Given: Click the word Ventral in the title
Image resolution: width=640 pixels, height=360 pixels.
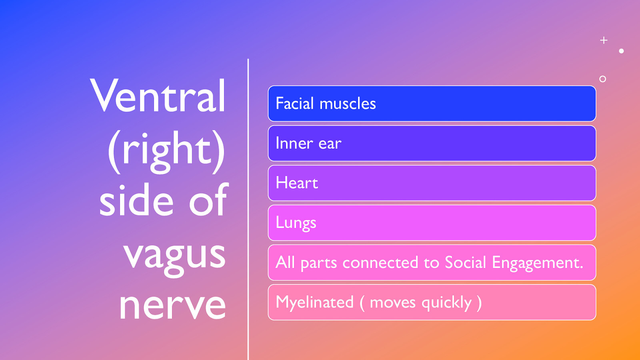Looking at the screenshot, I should tap(158, 96).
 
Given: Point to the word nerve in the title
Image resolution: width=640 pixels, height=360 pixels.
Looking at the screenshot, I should tap(172, 306).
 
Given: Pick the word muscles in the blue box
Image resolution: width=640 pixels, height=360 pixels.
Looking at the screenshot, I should tap(348, 104).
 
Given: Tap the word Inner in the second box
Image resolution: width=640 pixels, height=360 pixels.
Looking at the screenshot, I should tap(294, 143).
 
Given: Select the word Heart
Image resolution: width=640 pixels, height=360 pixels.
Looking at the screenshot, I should tap(297, 183).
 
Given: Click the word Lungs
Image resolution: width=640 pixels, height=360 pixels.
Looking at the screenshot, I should tap(296, 223).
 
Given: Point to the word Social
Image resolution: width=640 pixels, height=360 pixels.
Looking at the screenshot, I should tap(465, 262).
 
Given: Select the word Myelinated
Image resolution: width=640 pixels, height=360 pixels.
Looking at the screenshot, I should tap(315, 302).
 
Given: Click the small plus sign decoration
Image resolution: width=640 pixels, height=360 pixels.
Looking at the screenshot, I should tap(604, 40).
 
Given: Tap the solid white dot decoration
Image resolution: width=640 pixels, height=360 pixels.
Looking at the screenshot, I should tap(621, 51).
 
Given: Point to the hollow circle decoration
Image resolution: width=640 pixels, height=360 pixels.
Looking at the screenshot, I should tap(602, 79).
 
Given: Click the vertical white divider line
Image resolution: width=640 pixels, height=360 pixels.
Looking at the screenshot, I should tap(248, 208).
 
